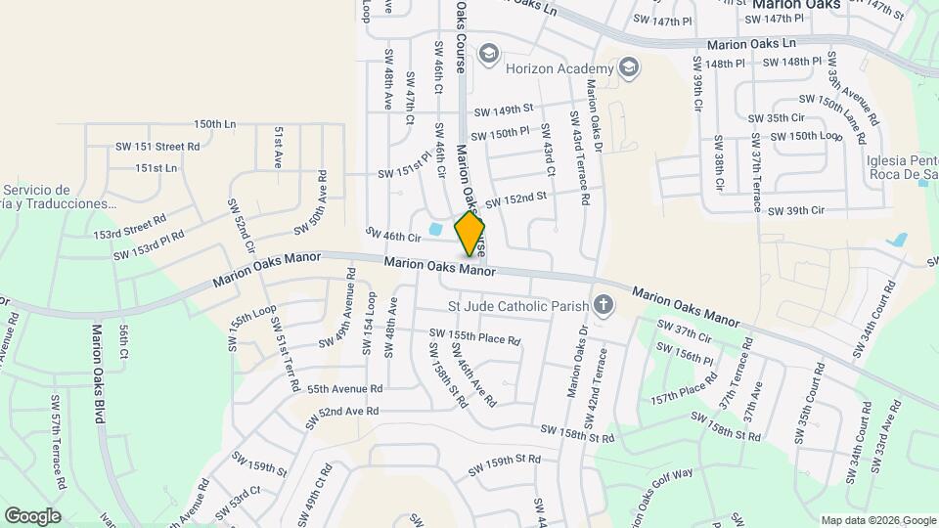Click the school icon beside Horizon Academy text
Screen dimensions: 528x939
(629, 67)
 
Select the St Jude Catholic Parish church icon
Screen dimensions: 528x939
(604, 306)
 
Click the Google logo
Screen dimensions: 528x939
(32, 515)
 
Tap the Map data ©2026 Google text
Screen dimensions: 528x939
(876, 520)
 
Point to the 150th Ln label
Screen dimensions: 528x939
(215, 124)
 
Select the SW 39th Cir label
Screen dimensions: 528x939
(796, 210)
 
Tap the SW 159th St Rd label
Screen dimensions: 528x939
(504, 460)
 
